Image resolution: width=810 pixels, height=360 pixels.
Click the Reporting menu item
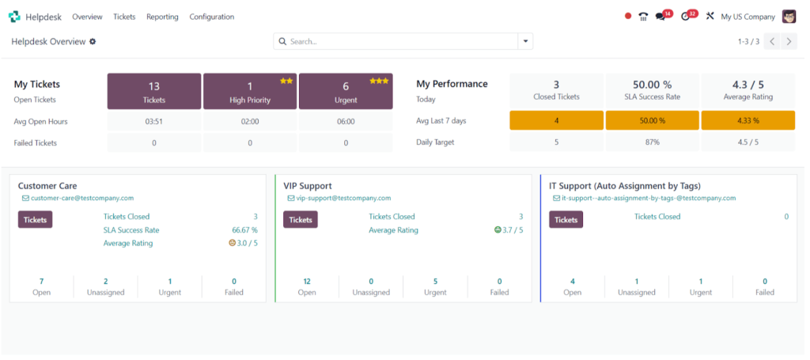pos(162,17)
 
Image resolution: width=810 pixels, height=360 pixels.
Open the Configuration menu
pos(212,17)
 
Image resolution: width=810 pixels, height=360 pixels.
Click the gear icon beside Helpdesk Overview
pos(93,41)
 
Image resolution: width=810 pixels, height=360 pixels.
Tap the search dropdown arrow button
pos(525,41)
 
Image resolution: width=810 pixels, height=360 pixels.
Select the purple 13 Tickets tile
pos(154,92)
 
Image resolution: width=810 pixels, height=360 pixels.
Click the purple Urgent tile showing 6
pos(346,92)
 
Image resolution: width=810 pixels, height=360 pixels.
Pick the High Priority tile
pos(250,92)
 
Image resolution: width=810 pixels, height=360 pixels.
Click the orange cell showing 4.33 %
pos(748,120)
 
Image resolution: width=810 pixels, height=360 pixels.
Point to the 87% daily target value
pos(653,142)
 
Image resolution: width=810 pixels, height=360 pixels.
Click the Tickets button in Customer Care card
pos(35,219)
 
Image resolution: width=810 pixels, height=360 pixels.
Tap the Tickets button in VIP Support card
pos(301,219)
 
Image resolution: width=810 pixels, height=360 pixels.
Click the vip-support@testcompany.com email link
pos(343,198)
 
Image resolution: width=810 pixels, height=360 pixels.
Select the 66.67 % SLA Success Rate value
pos(245,229)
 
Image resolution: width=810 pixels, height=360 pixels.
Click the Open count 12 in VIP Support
pos(307,282)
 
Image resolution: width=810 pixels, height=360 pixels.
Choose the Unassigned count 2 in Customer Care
pos(106,282)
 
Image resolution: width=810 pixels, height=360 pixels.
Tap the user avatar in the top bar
pos(789,17)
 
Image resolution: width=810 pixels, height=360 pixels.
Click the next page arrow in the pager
pos(789,41)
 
